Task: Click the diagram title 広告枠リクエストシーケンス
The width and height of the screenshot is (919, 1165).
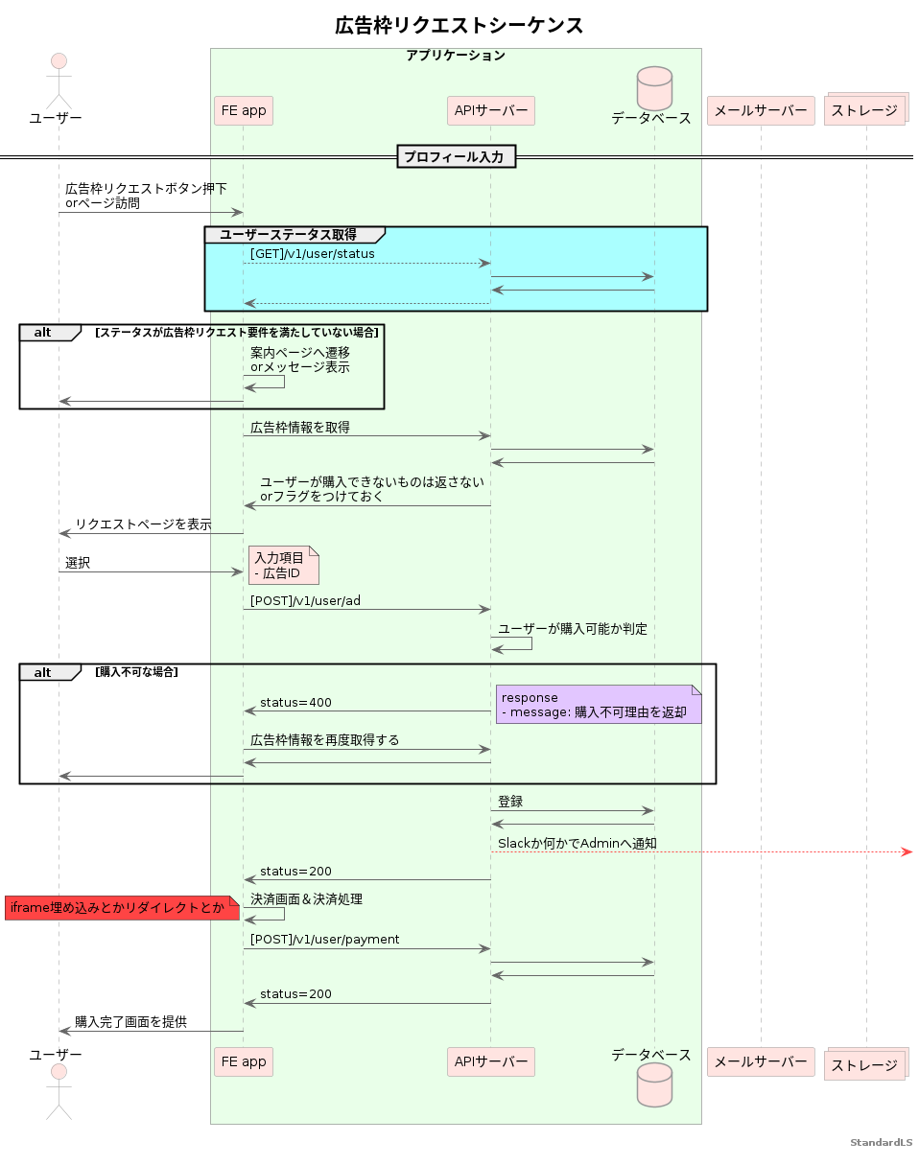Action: [459, 26]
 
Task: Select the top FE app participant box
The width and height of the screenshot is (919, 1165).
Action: [244, 110]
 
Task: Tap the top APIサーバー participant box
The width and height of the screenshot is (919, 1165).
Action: [490, 110]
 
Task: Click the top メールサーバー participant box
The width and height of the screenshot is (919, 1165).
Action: [761, 110]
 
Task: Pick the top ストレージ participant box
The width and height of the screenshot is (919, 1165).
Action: [865, 110]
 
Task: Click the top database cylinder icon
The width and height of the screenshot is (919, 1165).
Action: [654, 86]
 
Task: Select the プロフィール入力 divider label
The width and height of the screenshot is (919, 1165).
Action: [457, 156]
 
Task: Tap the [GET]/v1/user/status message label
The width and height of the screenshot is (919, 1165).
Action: [313, 253]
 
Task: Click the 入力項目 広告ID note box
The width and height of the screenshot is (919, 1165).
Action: [283, 566]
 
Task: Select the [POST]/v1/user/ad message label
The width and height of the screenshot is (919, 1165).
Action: [305, 600]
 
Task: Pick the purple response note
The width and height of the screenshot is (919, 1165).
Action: [599, 705]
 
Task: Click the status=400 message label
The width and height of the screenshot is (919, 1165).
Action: [295, 703]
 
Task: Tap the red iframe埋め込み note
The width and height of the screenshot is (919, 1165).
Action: [121, 908]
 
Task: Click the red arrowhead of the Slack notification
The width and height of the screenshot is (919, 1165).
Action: [906, 851]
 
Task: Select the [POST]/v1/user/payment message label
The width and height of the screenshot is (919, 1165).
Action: [324, 940]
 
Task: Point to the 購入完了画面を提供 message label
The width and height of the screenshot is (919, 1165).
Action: [130, 1022]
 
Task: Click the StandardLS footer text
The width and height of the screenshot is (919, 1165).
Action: [881, 1143]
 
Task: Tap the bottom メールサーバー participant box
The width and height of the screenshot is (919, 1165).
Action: [761, 1061]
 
